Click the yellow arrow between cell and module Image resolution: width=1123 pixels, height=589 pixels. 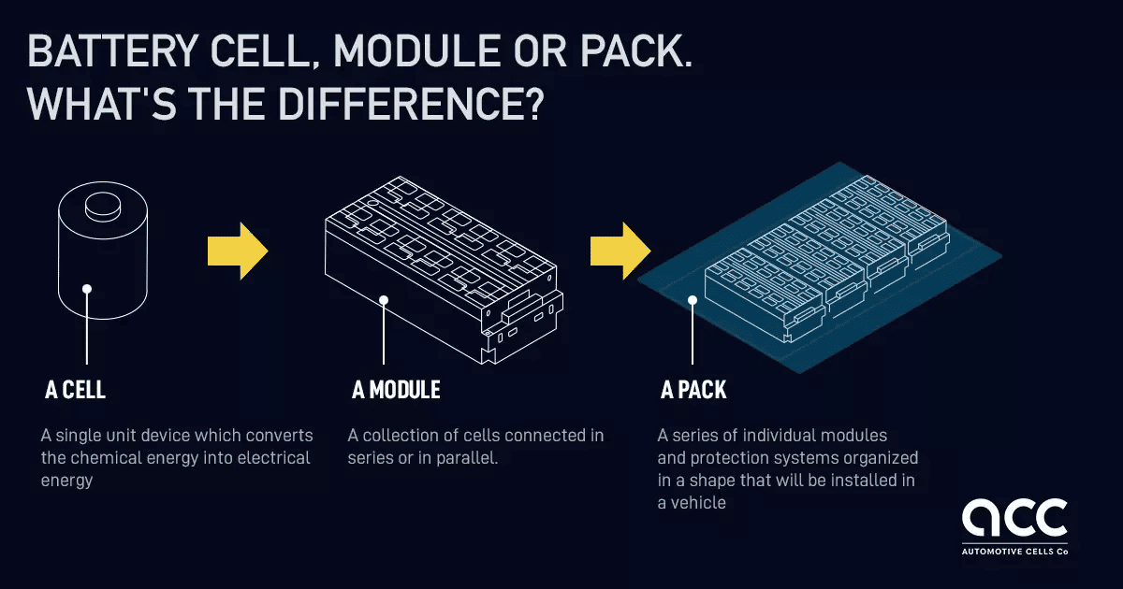pyautogui.click(x=238, y=251)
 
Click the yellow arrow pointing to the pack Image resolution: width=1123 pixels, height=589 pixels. pyautogui.click(x=620, y=251)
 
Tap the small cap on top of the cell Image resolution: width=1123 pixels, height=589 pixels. pyautogui.click(x=103, y=207)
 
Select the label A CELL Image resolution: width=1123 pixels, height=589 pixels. pyautogui.click(x=75, y=390)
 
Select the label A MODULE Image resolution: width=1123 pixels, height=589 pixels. pyautogui.click(x=396, y=390)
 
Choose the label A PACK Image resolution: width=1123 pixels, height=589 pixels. pyautogui.click(x=693, y=390)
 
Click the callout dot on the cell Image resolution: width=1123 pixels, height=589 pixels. pyautogui.click(x=87, y=289)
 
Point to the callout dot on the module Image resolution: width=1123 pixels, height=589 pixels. pyautogui.click(x=384, y=300)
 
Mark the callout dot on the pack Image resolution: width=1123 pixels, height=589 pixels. pyautogui.click(x=693, y=300)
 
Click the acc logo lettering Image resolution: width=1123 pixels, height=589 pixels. pyautogui.click(x=1014, y=517)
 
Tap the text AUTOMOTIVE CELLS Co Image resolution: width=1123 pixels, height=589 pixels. pyautogui.click(x=1014, y=552)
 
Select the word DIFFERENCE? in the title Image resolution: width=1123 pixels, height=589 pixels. pyautogui.click(x=411, y=104)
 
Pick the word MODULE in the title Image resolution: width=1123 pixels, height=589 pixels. pyautogui.click(x=416, y=51)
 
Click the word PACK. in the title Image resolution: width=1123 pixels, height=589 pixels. pyautogui.click(x=636, y=51)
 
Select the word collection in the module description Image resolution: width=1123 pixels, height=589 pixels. pyautogui.click(x=401, y=436)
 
